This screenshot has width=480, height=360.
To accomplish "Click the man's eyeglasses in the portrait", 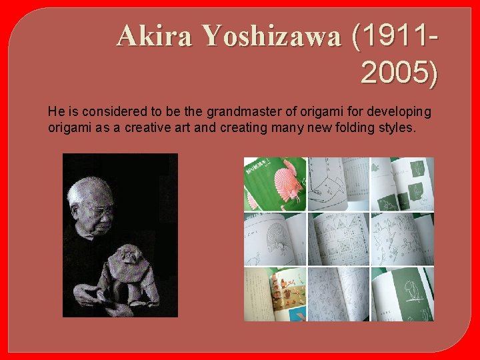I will pos(102,211).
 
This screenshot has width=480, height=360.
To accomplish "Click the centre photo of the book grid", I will pos(338,239).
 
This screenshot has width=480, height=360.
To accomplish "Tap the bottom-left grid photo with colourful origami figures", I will pos(275,294).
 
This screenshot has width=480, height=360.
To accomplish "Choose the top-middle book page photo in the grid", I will pos(338,184).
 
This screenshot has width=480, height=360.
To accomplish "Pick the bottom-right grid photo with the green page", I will pos(402,294).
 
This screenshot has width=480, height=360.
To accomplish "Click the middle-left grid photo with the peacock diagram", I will pos(275,239).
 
